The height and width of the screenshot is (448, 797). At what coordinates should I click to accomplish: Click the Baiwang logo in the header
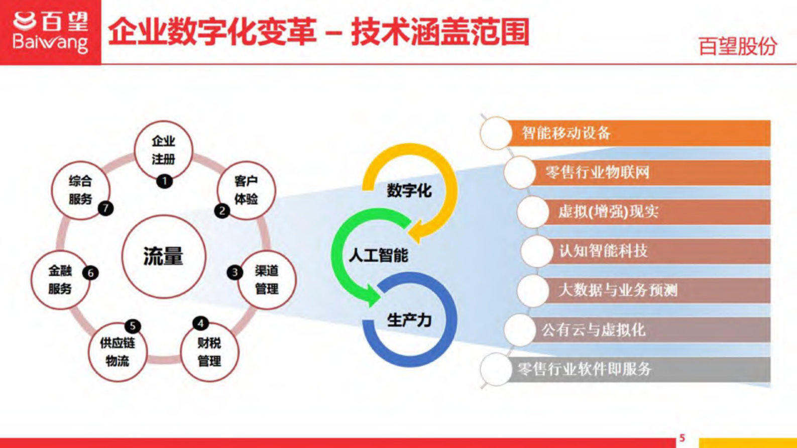click(x=50, y=32)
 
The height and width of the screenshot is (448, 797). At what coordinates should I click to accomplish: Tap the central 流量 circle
click(x=164, y=257)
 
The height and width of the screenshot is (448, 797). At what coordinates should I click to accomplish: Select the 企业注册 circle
click(x=163, y=150)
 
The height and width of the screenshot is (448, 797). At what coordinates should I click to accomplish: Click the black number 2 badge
click(x=222, y=210)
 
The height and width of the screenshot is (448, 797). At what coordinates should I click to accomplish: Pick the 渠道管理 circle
click(x=267, y=280)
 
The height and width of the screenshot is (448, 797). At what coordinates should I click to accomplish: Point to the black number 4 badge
click(x=200, y=323)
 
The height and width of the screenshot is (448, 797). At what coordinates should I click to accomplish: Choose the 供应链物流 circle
click(x=118, y=352)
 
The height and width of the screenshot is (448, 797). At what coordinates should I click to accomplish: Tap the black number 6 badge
click(x=90, y=273)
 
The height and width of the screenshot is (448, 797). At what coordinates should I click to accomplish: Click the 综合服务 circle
click(x=80, y=190)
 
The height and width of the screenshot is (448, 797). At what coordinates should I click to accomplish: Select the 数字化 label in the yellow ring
click(x=409, y=191)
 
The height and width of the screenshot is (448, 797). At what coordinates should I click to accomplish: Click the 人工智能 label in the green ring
click(x=378, y=256)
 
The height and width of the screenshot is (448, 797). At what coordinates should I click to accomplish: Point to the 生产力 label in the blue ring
click(x=409, y=320)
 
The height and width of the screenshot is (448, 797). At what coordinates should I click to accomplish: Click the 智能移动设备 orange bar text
click(x=566, y=133)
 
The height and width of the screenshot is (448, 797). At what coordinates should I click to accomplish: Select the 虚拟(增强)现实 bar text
click(x=608, y=211)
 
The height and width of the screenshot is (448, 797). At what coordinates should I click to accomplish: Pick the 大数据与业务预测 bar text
click(x=618, y=290)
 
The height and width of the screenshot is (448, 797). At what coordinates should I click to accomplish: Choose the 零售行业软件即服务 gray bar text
click(x=585, y=369)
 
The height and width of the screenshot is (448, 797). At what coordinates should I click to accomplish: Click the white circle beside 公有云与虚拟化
click(x=519, y=330)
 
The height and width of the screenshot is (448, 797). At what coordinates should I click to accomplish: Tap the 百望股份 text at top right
click(x=737, y=46)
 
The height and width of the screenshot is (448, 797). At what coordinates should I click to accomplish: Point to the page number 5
click(x=682, y=438)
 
